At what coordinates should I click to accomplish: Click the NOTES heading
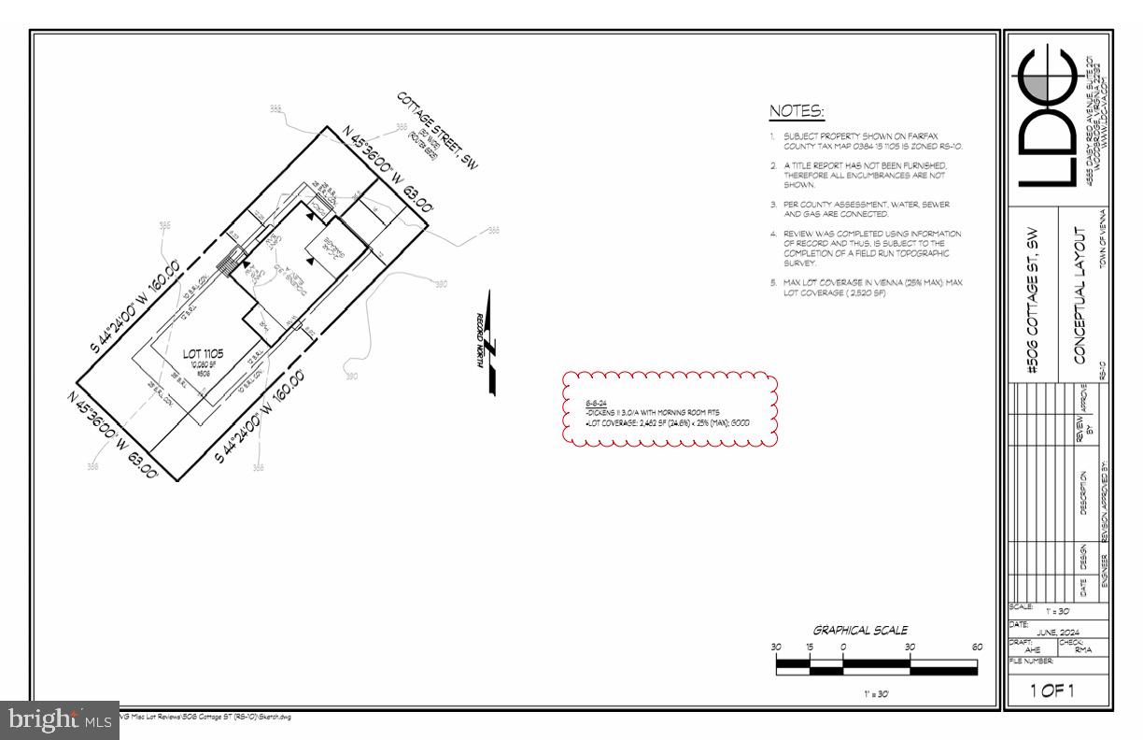[797, 112]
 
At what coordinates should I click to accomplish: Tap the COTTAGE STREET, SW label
[437, 131]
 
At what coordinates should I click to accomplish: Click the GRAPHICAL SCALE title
[860, 630]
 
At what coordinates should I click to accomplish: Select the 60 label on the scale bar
[978, 647]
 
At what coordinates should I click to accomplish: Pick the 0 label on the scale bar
[843, 647]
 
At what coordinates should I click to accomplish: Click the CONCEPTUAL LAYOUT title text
[1082, 294]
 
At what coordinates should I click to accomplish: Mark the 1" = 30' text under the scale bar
[877, 694]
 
